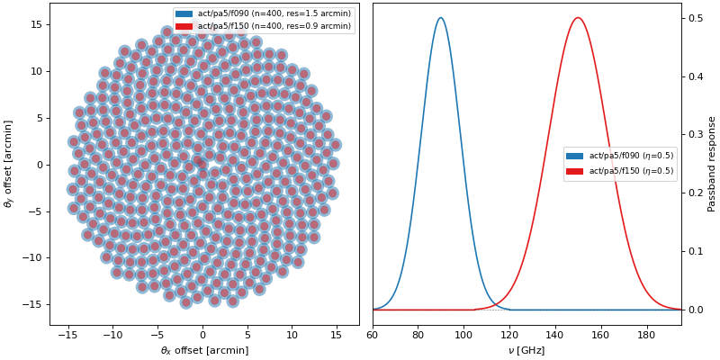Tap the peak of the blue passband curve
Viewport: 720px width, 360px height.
click(440, 18)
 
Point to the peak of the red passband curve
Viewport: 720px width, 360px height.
click(578, 18)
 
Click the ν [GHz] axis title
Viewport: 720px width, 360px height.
click(526, 350)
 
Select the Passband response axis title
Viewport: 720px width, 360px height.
click(712, 163)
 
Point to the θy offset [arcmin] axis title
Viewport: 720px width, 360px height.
click(10, 163)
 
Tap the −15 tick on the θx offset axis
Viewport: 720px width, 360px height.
click(67, 336)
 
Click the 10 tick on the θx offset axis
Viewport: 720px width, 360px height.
click(292, 336)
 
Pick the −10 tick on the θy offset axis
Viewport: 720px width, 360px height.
click(32, 257)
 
